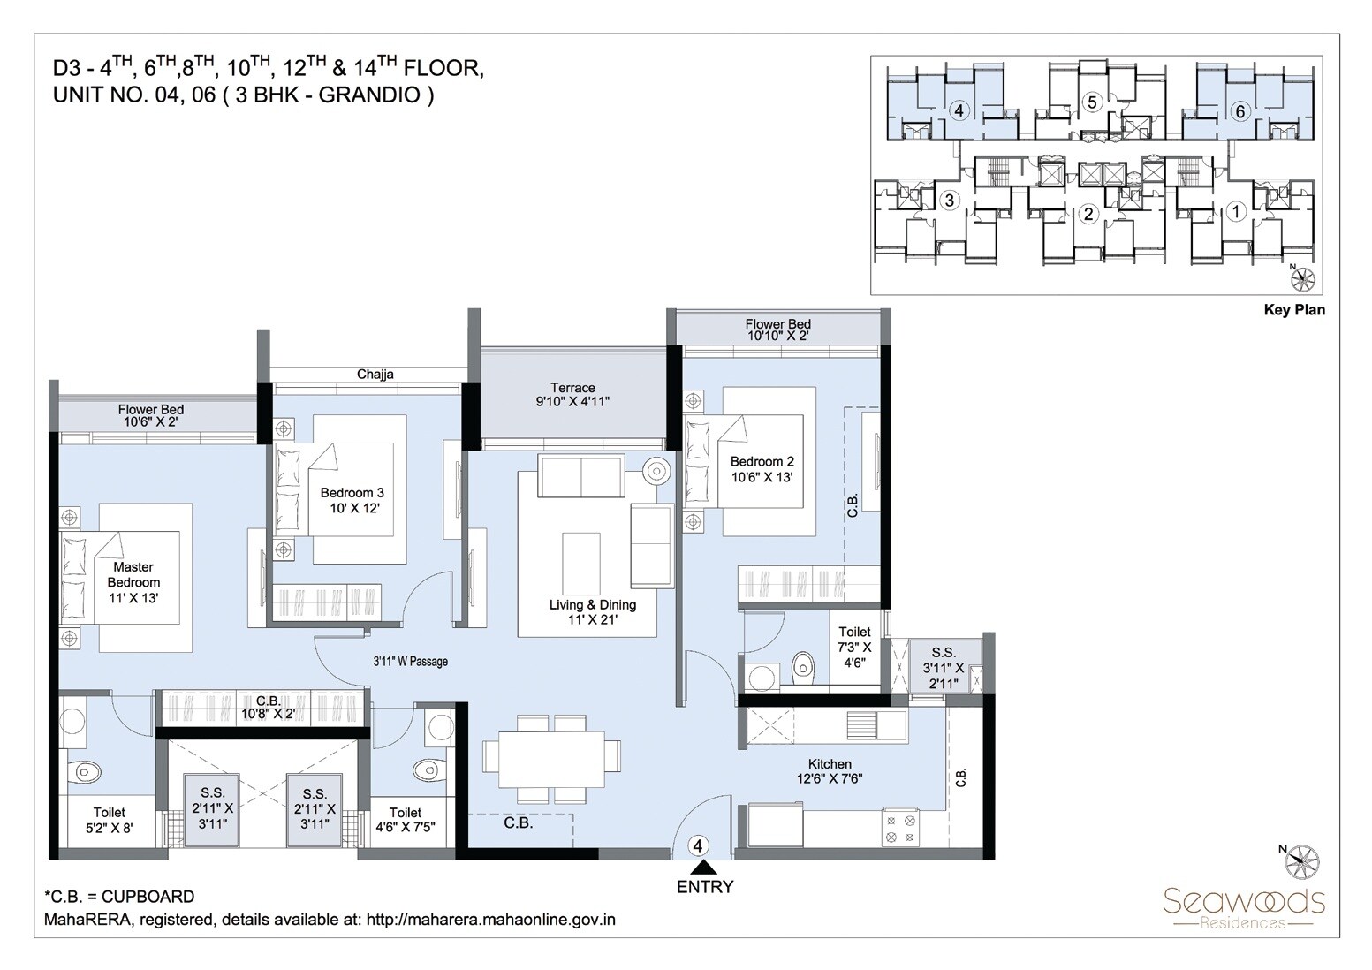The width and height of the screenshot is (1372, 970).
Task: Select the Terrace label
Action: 572,387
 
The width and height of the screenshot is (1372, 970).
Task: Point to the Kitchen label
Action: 830,763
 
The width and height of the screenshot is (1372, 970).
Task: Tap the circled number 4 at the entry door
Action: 699,845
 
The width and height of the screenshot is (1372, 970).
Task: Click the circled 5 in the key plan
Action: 1092,102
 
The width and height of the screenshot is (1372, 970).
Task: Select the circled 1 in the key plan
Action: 1237,211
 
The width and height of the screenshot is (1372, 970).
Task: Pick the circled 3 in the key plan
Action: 949,200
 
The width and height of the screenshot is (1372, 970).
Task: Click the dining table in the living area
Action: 544,758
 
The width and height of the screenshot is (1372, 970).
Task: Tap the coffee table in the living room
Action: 581,564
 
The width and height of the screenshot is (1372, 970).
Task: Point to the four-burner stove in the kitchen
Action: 900,828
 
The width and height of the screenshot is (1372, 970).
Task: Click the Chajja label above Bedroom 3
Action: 375,374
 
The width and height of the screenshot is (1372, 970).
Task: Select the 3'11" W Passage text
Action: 410,661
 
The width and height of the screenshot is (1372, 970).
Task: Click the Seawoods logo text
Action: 1243,901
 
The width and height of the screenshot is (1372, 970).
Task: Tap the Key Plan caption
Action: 1294,310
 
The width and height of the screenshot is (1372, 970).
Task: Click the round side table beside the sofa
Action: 656,471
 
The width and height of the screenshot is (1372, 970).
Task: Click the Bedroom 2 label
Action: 762,461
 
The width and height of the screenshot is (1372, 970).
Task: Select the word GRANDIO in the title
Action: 370,95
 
